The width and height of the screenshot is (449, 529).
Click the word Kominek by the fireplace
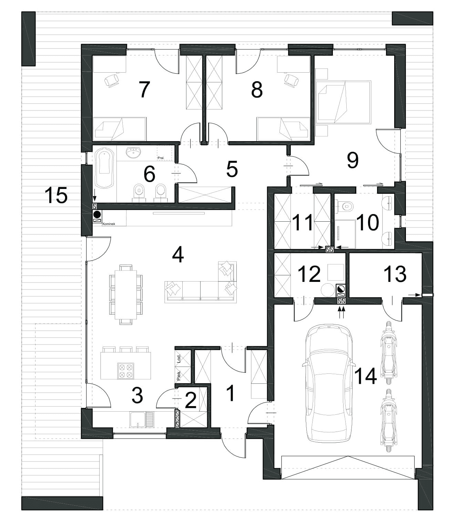[109, 224]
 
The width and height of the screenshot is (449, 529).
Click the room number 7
[144, 89]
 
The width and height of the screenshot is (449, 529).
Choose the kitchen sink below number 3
[142, 420]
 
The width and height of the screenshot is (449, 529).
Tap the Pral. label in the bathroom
[161, 158]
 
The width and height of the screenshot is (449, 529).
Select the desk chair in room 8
[292, 80]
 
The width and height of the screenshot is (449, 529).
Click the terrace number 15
[56, 195]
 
